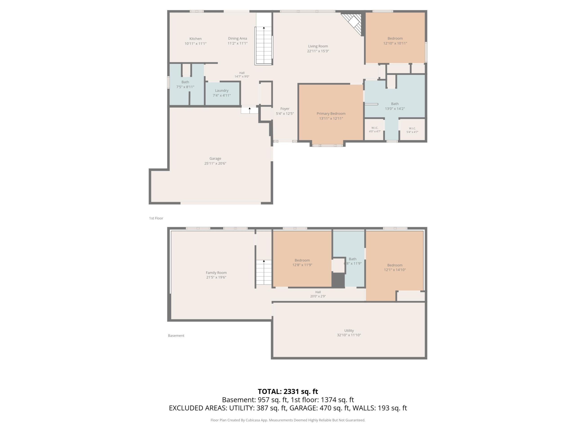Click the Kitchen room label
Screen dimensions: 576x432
[x=195, y=39]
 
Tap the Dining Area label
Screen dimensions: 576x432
[x=237, y=38]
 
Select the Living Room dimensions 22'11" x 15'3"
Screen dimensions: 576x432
[x=318, y=51]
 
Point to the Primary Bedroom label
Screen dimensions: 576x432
[x=331, y=114]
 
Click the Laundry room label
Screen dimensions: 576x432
[x=222, y=91]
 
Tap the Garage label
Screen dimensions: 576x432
[x=215, y=159]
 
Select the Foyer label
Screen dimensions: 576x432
[x=285, y=109]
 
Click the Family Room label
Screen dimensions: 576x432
[x=216, y=273]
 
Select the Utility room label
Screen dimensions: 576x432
[x=349, y=331]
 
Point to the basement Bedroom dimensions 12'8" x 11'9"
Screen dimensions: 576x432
[x=302, y=265]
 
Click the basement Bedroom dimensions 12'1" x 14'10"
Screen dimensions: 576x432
[x=395, y=270]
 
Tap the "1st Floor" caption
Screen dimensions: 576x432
[x=156, y=218]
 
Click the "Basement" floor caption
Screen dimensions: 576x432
[x=176, y=336]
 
